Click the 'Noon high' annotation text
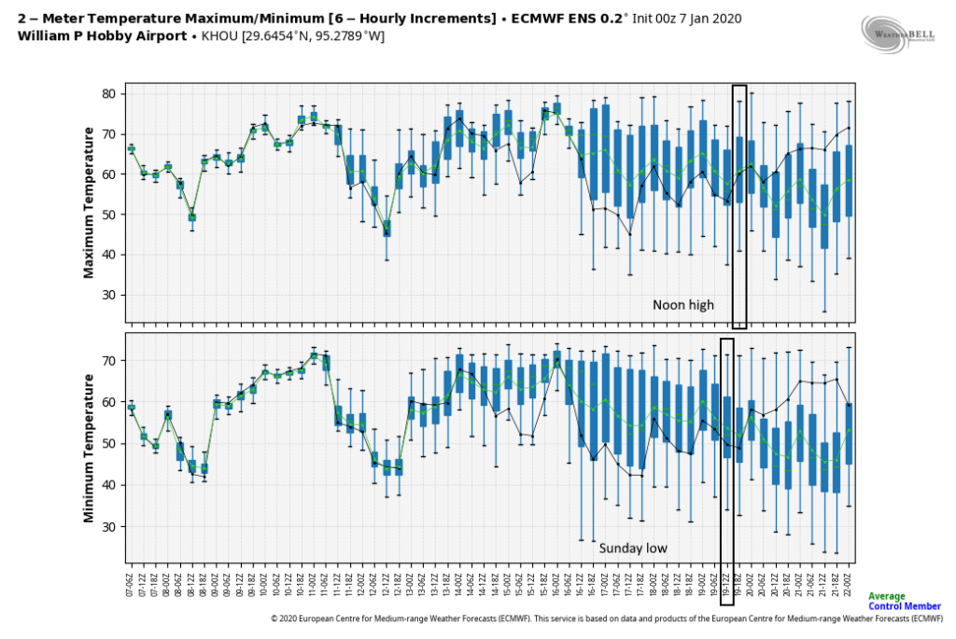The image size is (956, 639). click(682, 305)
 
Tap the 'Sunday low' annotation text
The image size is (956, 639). click(633, 549)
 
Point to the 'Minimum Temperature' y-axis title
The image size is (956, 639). click(90, 448)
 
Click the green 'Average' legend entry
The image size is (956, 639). click(886, 596)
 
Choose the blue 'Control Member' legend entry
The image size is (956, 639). click(904, 606)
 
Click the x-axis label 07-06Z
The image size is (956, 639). click(131, 585)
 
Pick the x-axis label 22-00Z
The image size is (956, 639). click(849, 585)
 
